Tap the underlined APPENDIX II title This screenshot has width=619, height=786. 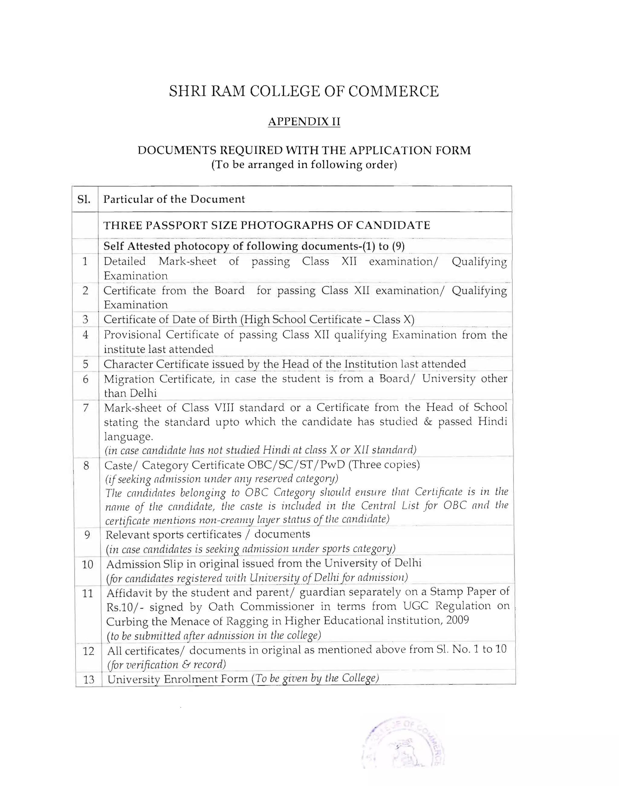[x=304, y=122]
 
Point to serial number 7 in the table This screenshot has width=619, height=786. [x=86, y=408]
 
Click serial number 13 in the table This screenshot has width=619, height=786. [x=89, y=680]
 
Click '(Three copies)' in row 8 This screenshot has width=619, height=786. [x=384, y=465]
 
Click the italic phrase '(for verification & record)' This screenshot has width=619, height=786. [x=166, y=665]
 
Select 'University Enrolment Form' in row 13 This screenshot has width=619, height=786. [x=178, y=679]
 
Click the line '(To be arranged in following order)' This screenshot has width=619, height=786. [x=304, y=165]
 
